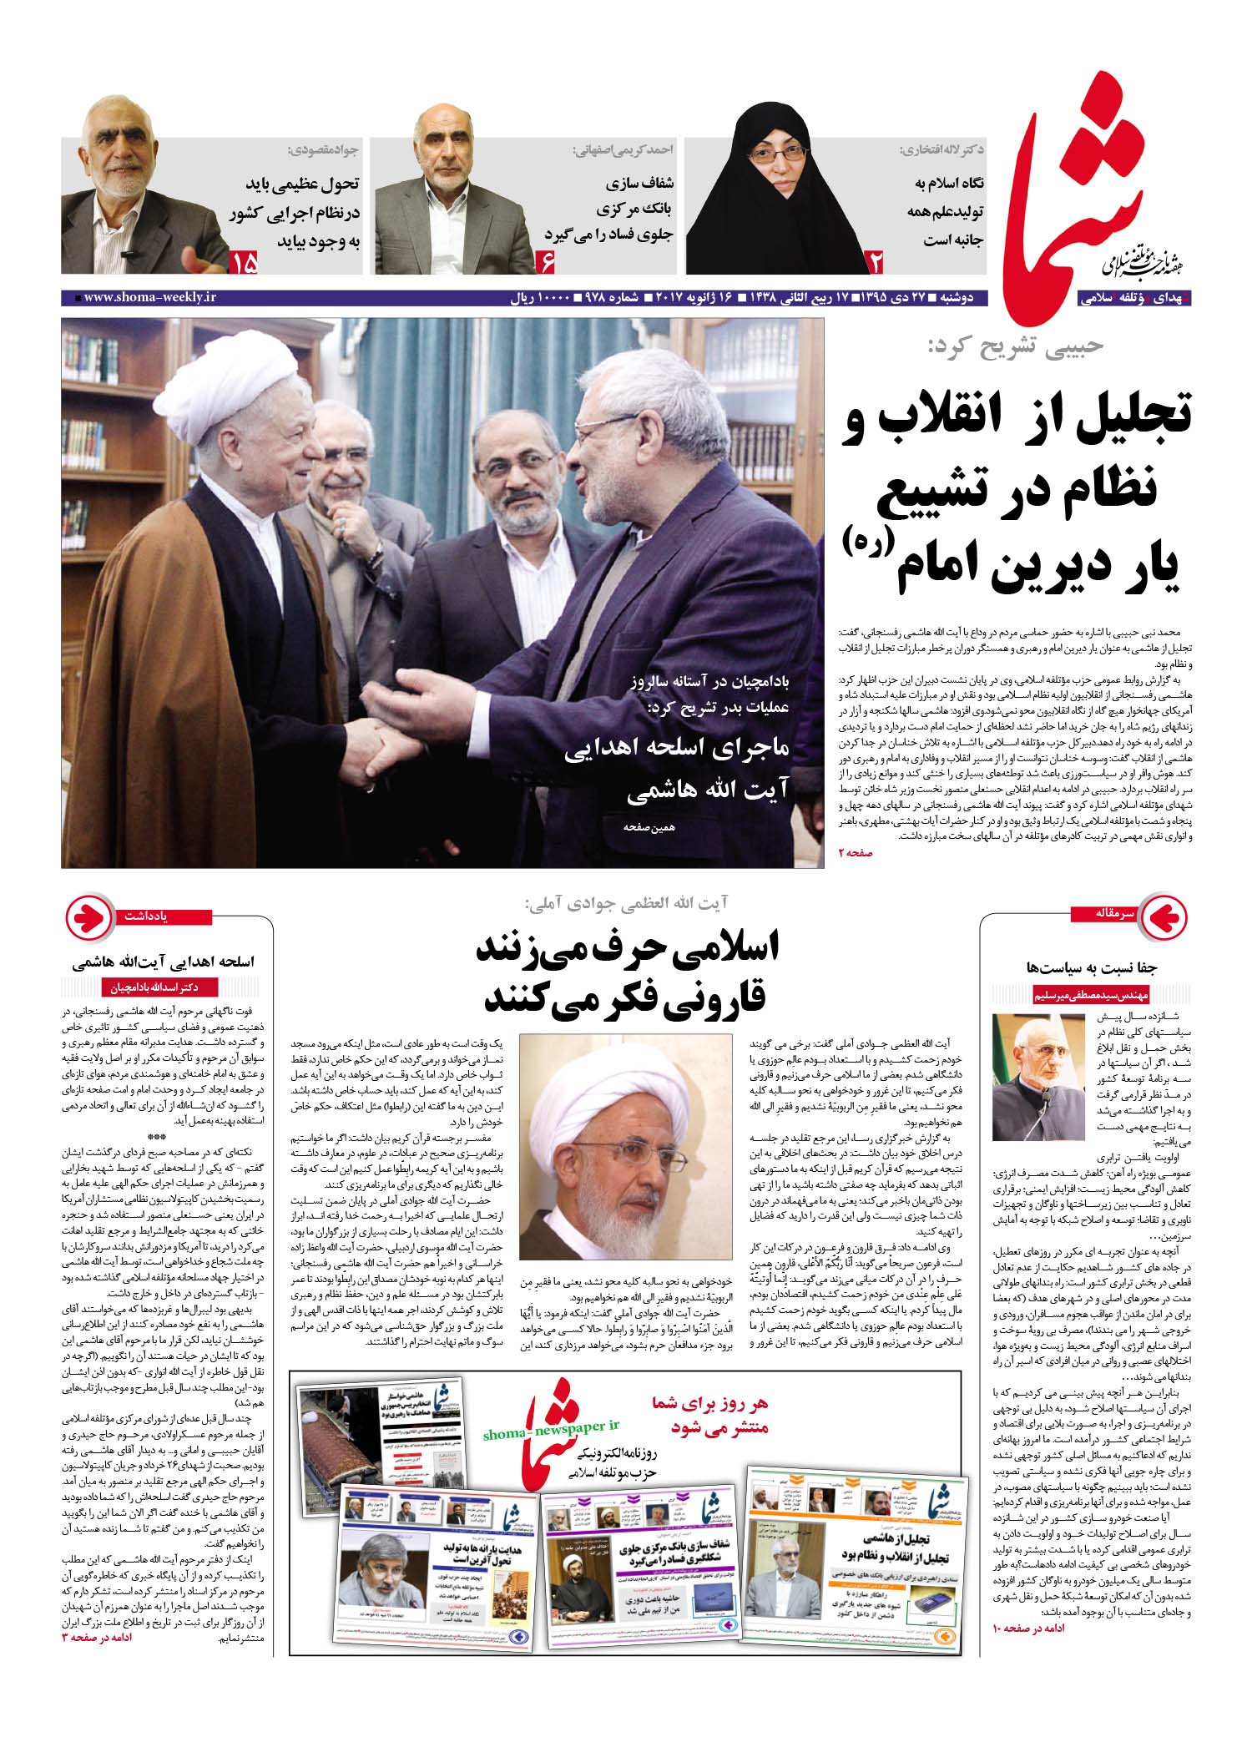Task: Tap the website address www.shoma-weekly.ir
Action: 149,298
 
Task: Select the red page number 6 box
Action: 548,263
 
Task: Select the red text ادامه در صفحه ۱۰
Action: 1027,1628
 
